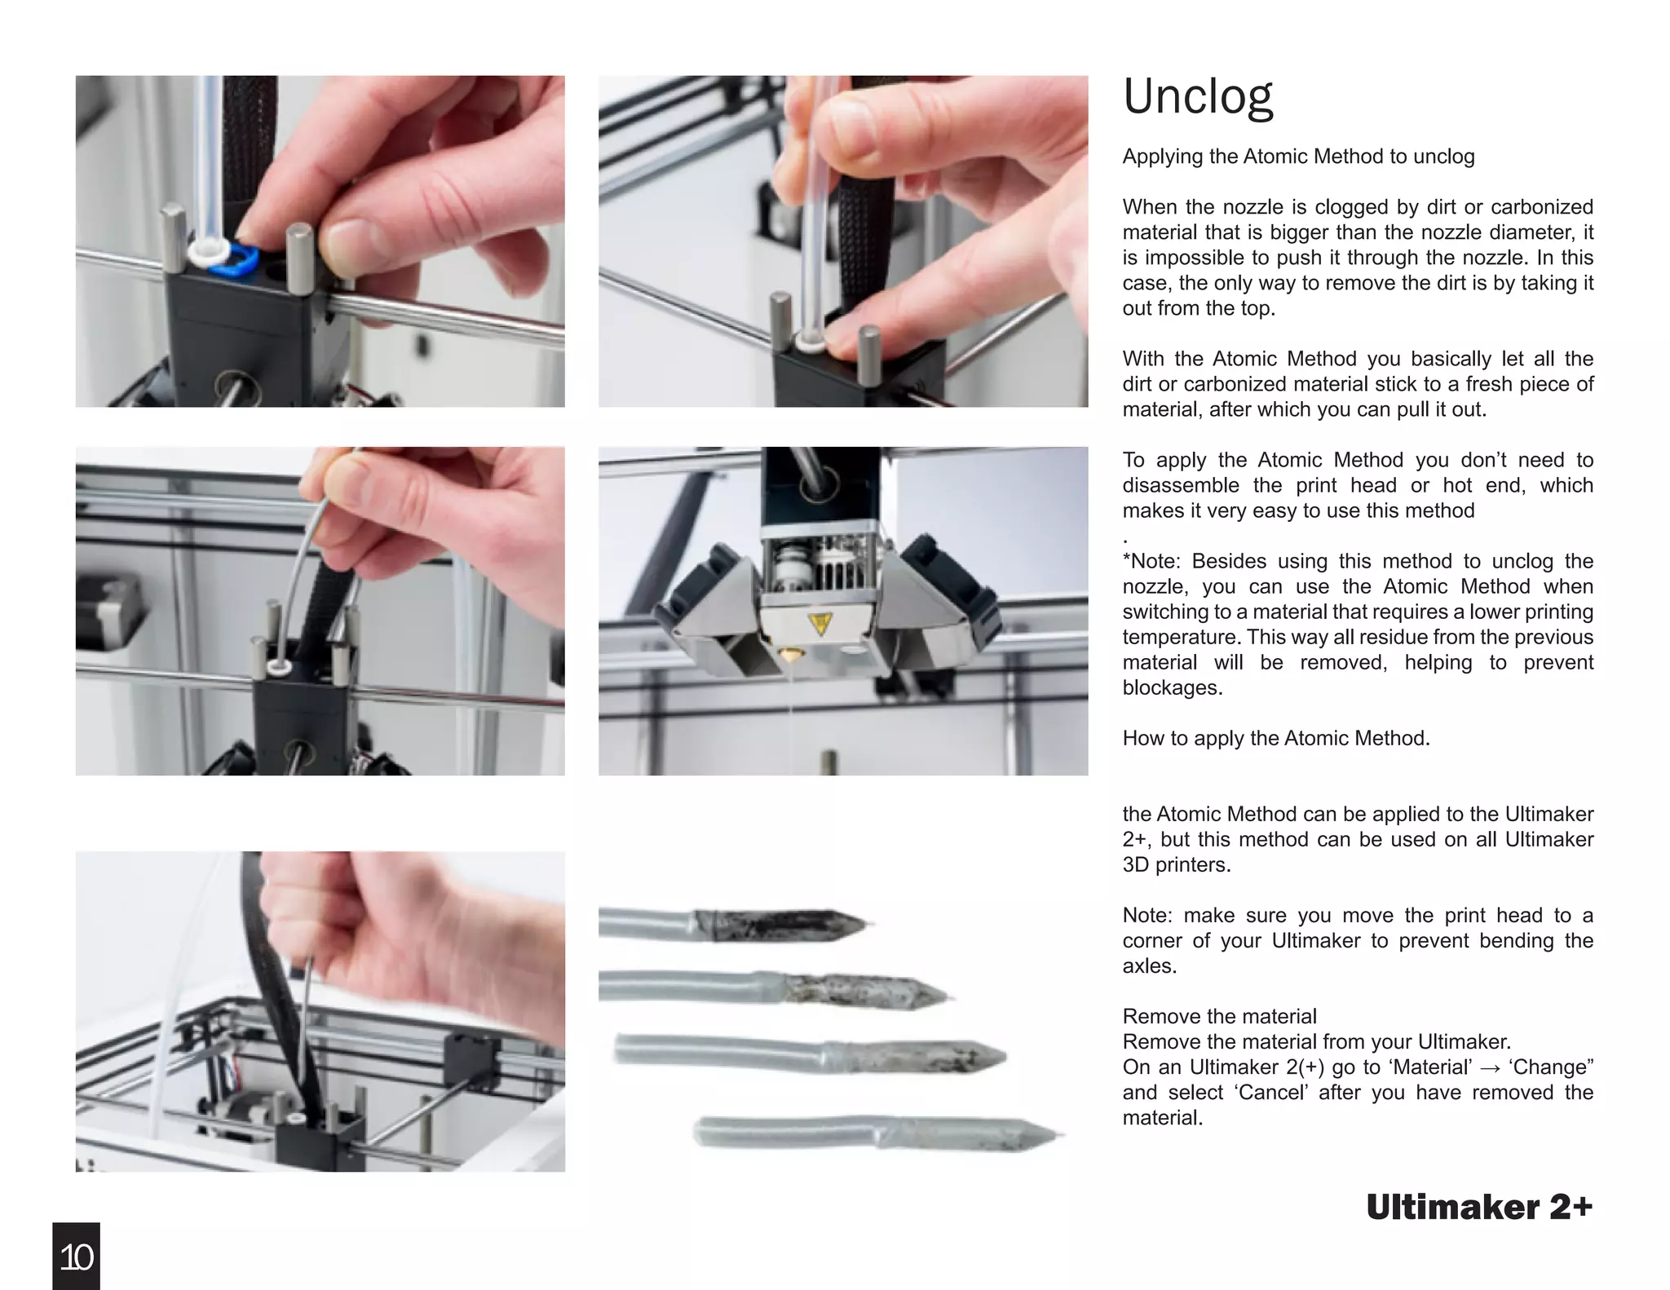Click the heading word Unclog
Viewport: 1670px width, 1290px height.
(x=1197, y=98)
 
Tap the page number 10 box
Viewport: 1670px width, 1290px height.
(x=76, y=1257)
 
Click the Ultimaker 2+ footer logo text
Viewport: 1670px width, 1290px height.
(x=1478, y=1208)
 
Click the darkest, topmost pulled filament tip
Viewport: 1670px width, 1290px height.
(x=783, y=925)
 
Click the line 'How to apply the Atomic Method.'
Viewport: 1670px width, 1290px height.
(x=1275, y=738)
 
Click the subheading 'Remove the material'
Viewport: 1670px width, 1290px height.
(x=1219, y=1016)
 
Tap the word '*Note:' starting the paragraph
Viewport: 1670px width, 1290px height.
(x=1151, y=561)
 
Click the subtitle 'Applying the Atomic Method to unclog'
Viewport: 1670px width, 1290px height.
(x=1298, y=157)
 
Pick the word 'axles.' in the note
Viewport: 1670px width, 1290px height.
(x=1149, y=966)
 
